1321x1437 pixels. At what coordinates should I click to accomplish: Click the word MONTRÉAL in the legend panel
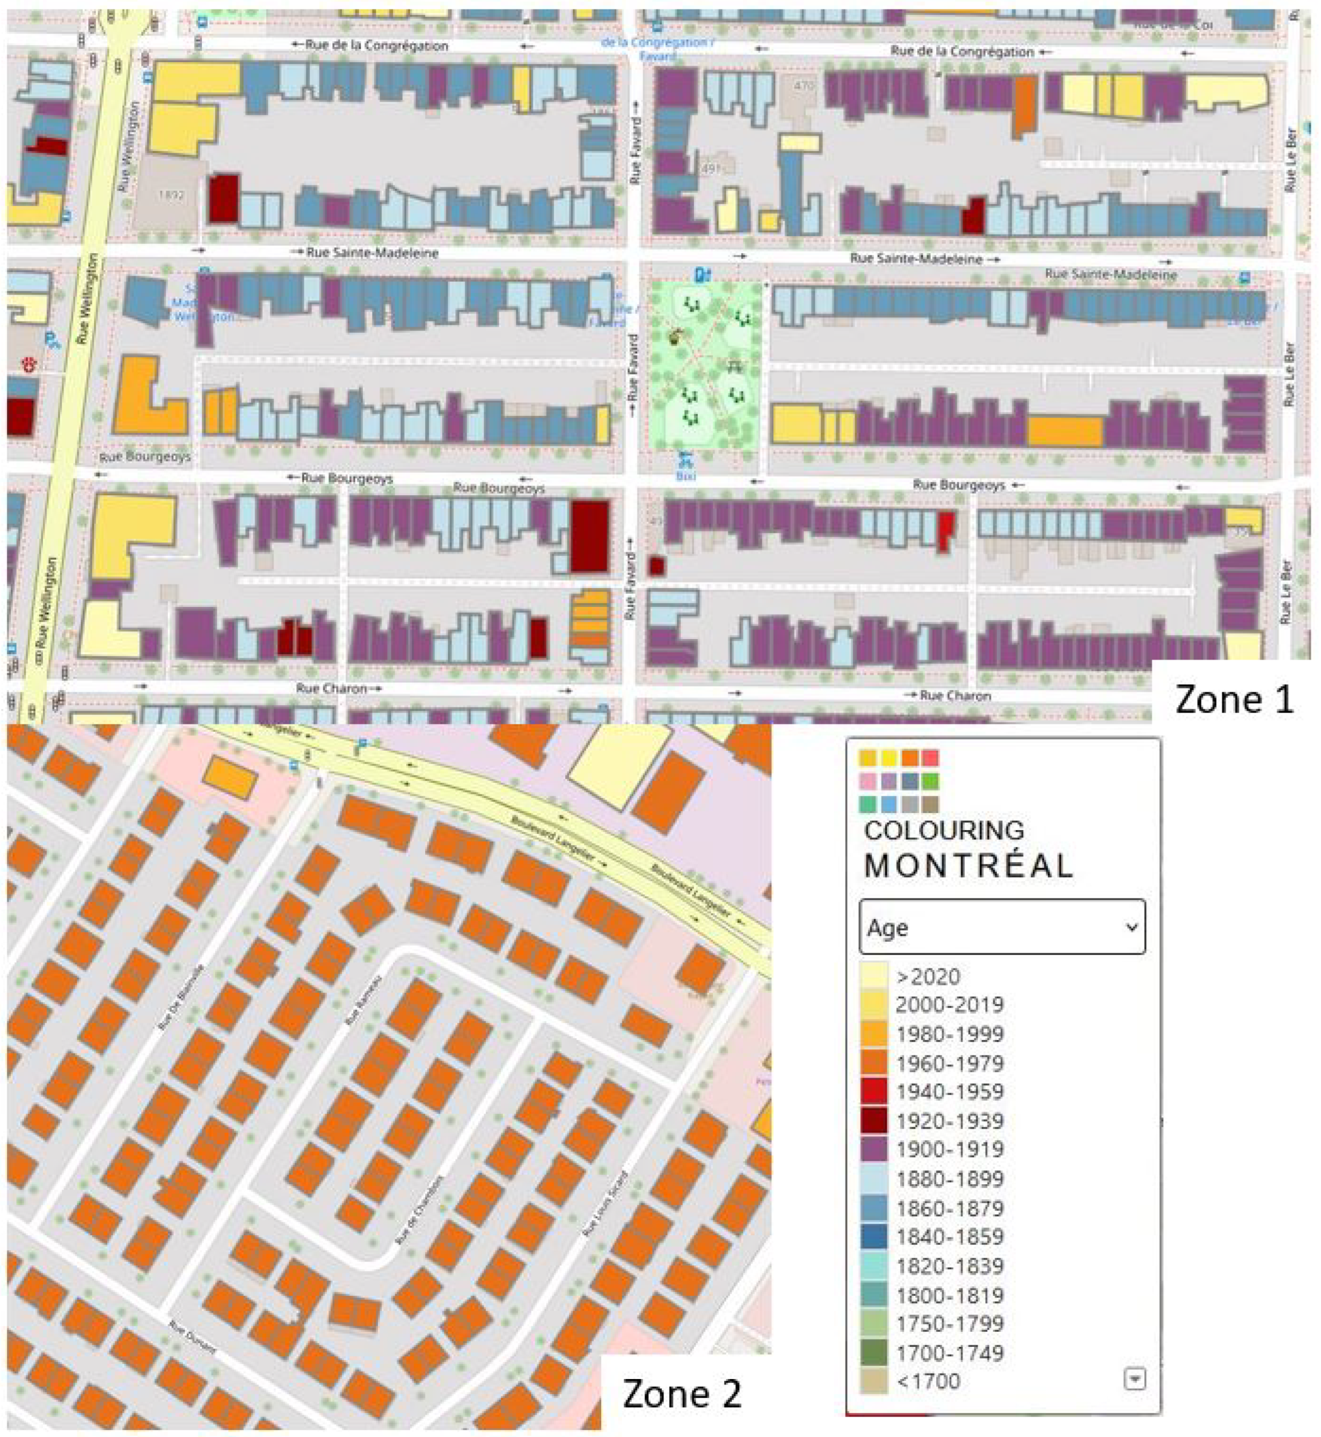click(x=968, y=866)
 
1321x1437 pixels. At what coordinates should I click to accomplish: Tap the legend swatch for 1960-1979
click(x=873, y=1064)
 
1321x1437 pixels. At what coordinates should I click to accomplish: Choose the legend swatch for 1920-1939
click(x=873, y=1121)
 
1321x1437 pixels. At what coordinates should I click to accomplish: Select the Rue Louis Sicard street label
click(x=606, y=1204)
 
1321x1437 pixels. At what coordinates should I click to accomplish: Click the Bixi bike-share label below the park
click(x=685, y=475)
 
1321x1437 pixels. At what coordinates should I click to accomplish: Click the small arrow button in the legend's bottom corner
click(x=1134, y=1379)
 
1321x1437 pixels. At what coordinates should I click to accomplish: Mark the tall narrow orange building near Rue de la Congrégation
click(x=1024, y=106)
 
